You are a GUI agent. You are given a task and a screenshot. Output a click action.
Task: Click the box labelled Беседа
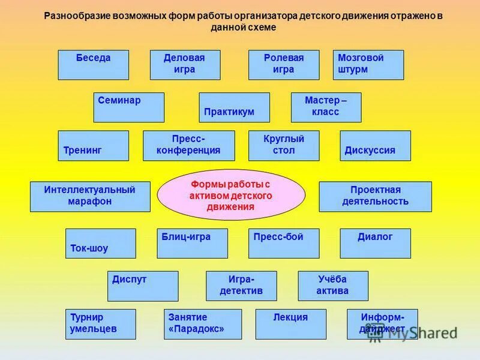[x=93, y=65]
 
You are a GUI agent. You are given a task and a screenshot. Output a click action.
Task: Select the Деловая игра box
[x=185, y=65]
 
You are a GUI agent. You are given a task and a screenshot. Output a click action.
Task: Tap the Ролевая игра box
[x=284, y=65]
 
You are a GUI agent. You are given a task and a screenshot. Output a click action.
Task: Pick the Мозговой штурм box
[x=368, y=65]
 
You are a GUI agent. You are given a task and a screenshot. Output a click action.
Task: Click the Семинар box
[x=129, y=107]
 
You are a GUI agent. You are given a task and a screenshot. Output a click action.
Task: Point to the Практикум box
[x=234, y=107]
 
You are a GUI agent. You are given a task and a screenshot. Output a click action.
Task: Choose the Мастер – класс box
[x=326, y=107]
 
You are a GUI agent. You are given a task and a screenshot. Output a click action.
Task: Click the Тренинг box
[x=93, y=146]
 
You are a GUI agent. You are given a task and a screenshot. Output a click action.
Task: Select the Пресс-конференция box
[x=188, y=146]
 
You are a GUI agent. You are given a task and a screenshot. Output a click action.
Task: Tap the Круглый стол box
[x=284, y=146]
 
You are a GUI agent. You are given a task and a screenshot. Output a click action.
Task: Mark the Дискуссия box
[x=375, y=146]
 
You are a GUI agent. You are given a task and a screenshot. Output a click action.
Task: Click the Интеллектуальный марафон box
[x=90, y=197]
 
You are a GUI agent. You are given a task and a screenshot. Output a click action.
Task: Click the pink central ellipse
[x=231, y=195]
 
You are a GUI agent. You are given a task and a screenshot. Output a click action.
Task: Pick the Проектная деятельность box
[x=375, y=197]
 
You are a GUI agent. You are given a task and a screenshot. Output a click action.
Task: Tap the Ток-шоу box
[x=100, y=243]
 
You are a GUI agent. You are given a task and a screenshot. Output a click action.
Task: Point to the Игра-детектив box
[x=241, y=286]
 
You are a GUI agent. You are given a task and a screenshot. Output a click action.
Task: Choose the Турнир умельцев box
[x=100, y=324]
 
